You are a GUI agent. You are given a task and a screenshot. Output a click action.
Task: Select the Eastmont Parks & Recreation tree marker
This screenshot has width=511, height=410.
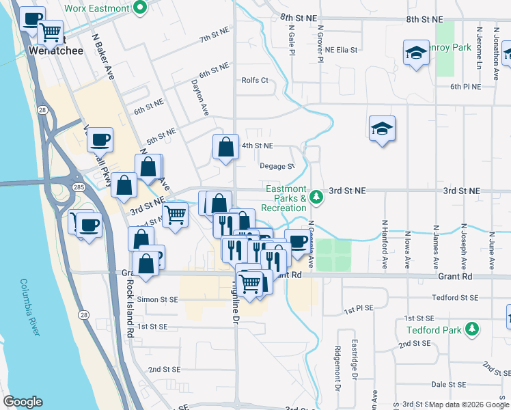316,197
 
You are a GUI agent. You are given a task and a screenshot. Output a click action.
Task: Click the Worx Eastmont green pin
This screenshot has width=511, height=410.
141,8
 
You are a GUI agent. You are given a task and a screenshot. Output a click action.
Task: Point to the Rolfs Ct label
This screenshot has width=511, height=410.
255,80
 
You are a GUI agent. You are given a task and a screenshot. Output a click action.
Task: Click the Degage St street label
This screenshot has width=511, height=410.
277,166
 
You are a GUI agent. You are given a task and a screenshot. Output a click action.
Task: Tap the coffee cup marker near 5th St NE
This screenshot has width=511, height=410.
100,139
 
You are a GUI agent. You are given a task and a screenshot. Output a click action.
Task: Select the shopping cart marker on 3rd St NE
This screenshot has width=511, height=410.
176,214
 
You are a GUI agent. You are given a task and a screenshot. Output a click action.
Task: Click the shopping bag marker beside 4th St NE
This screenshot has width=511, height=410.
225,146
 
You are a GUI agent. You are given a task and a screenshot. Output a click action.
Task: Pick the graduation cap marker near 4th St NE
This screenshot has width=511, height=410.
383,128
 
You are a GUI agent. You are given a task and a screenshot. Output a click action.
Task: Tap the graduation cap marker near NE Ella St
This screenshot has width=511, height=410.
415,53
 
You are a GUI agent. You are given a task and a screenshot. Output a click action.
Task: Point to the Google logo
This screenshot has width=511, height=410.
23,402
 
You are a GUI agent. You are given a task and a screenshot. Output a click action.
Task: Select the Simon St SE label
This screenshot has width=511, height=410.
158,299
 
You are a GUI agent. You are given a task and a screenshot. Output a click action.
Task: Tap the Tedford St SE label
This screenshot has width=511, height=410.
453,298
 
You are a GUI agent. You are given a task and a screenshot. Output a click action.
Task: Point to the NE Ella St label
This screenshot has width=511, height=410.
342,50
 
